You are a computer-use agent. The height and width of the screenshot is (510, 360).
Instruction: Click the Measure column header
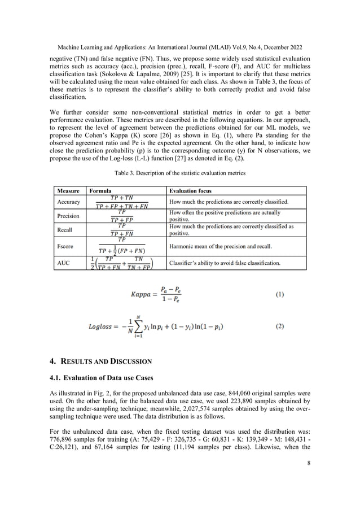67,191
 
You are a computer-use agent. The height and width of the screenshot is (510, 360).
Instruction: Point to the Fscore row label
66,246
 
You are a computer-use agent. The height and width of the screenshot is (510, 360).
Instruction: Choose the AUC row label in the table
63,263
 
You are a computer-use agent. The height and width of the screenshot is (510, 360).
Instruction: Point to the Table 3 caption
180,172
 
